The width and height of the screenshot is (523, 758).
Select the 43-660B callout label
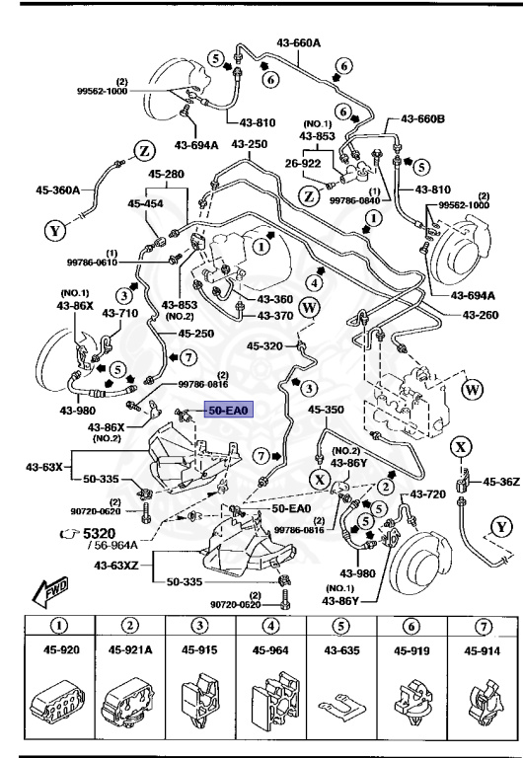click(x=425, y=119)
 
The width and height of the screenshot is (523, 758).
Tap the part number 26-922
click(x=304, y=164)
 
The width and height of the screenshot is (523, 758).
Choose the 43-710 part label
click(x=121, y=313)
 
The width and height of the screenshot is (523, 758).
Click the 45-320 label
click(x=264, y=346)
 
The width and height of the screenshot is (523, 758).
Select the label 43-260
click(x=484, y=315)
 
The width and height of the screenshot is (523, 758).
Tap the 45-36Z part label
click(x=500, y=482)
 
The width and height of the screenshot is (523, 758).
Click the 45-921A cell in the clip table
click(x=129, y=650)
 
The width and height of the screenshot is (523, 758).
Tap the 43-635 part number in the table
click(x=341, y=650)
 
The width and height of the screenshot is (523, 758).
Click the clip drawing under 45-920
click(x=59, y=703)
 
